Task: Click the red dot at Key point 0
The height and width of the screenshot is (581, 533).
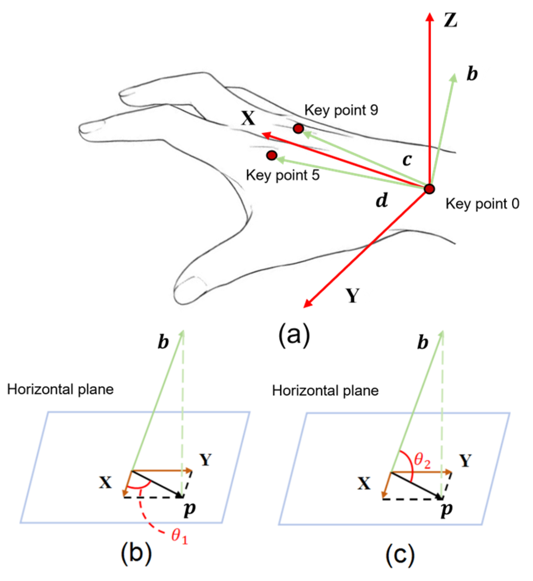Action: point(429,189)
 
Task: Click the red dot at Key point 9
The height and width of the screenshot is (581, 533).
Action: point(298,128)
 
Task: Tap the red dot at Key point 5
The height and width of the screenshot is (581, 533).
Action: point(272,155)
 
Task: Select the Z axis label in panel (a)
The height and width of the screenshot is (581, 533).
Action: point(450,20)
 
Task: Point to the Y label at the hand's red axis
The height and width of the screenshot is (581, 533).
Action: point(352,296)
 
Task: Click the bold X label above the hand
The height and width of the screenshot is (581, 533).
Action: point(248,118)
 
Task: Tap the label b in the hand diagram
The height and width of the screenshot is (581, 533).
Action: point(472,74)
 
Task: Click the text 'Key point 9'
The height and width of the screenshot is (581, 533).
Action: point(341,110)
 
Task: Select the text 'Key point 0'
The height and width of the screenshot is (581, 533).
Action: point(482,204)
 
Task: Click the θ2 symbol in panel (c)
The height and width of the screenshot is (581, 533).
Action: point(422,460)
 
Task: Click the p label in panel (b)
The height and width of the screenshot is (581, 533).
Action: point(189,510)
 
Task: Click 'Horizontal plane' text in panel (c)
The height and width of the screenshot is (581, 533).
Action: point(325,391)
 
